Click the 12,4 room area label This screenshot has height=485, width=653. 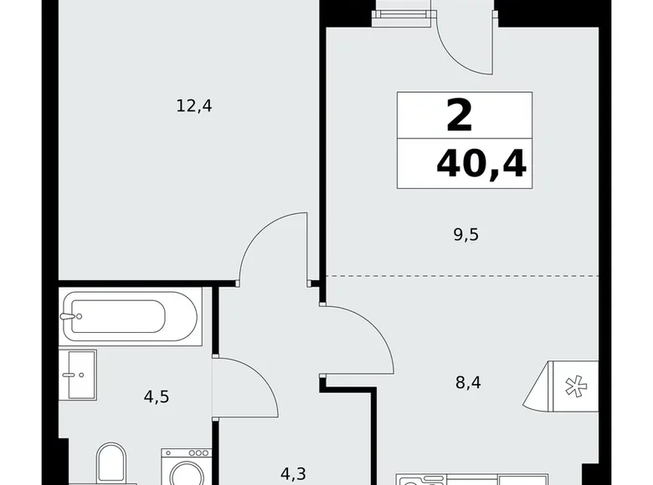pos(193,105)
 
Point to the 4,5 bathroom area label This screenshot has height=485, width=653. pos(157,397)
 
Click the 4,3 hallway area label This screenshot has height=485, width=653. pos(292,474)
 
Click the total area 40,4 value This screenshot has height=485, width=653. pos(481,164)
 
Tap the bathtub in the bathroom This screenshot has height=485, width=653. pos(131,316)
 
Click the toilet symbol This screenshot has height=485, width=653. pos(111,464)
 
